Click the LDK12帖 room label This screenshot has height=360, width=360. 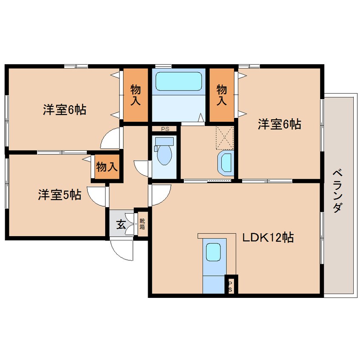tap(268, 238)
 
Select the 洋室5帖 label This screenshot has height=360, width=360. tap(60, 195)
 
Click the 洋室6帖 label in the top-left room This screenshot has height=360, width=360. tap(64, 110)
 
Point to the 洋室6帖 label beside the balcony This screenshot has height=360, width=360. tap(279, 124)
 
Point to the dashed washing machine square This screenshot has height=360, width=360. tap(225, 137)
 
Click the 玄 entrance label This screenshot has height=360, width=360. tap(121, 223)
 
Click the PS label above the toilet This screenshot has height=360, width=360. tap(164, 128)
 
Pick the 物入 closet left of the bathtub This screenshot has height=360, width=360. tap(136, 94)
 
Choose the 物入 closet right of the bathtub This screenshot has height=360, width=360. tap(221, 94)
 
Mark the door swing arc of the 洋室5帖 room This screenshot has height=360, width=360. tap(97, 196)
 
